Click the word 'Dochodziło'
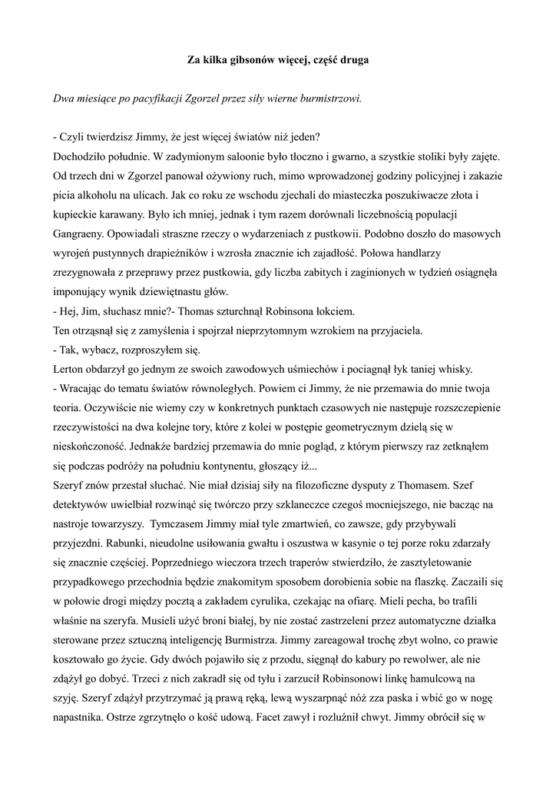click(x=79, y=156)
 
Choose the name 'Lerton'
click(x=68, y=367)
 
